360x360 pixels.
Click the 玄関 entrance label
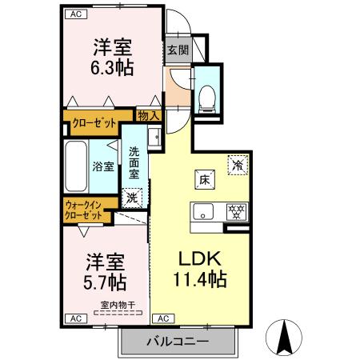[178, 50]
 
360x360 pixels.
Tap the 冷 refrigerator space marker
[238, 164]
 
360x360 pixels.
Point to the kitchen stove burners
[236, 212]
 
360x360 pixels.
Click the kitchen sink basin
[203, 212]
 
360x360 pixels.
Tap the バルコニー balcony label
[177, 342]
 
